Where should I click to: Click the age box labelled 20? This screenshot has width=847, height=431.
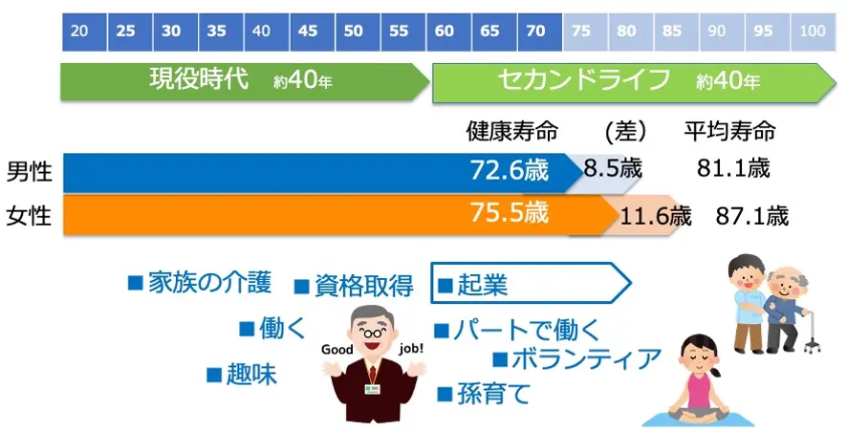click(x=80, y=31)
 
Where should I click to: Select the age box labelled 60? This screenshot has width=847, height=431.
click(x=444, y=31)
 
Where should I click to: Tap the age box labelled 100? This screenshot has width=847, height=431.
click(x=812, y=31)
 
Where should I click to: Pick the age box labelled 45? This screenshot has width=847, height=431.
click(x=308, y=31)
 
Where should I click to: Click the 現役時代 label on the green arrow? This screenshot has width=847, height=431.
click(x=190, y=80)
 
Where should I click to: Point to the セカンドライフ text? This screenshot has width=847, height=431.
click(x=584, y=80)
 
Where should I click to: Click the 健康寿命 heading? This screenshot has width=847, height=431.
click(x=511, y=131)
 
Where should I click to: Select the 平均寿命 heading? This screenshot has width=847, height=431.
click(x=729, y=131)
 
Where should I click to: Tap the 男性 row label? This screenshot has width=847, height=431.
click(x=29, y=172)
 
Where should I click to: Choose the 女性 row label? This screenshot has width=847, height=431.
click(x=29, y=216)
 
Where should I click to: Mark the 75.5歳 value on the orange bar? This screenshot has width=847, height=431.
click(x=510, y=213)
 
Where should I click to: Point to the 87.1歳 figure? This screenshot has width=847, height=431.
click(x=752, y=216)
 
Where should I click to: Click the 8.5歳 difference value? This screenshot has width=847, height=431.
click(x=613, y=170)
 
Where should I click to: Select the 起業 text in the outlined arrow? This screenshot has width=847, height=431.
click(x=482, y=284)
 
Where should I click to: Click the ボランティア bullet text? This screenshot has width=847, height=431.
click(x=586, y=359)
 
